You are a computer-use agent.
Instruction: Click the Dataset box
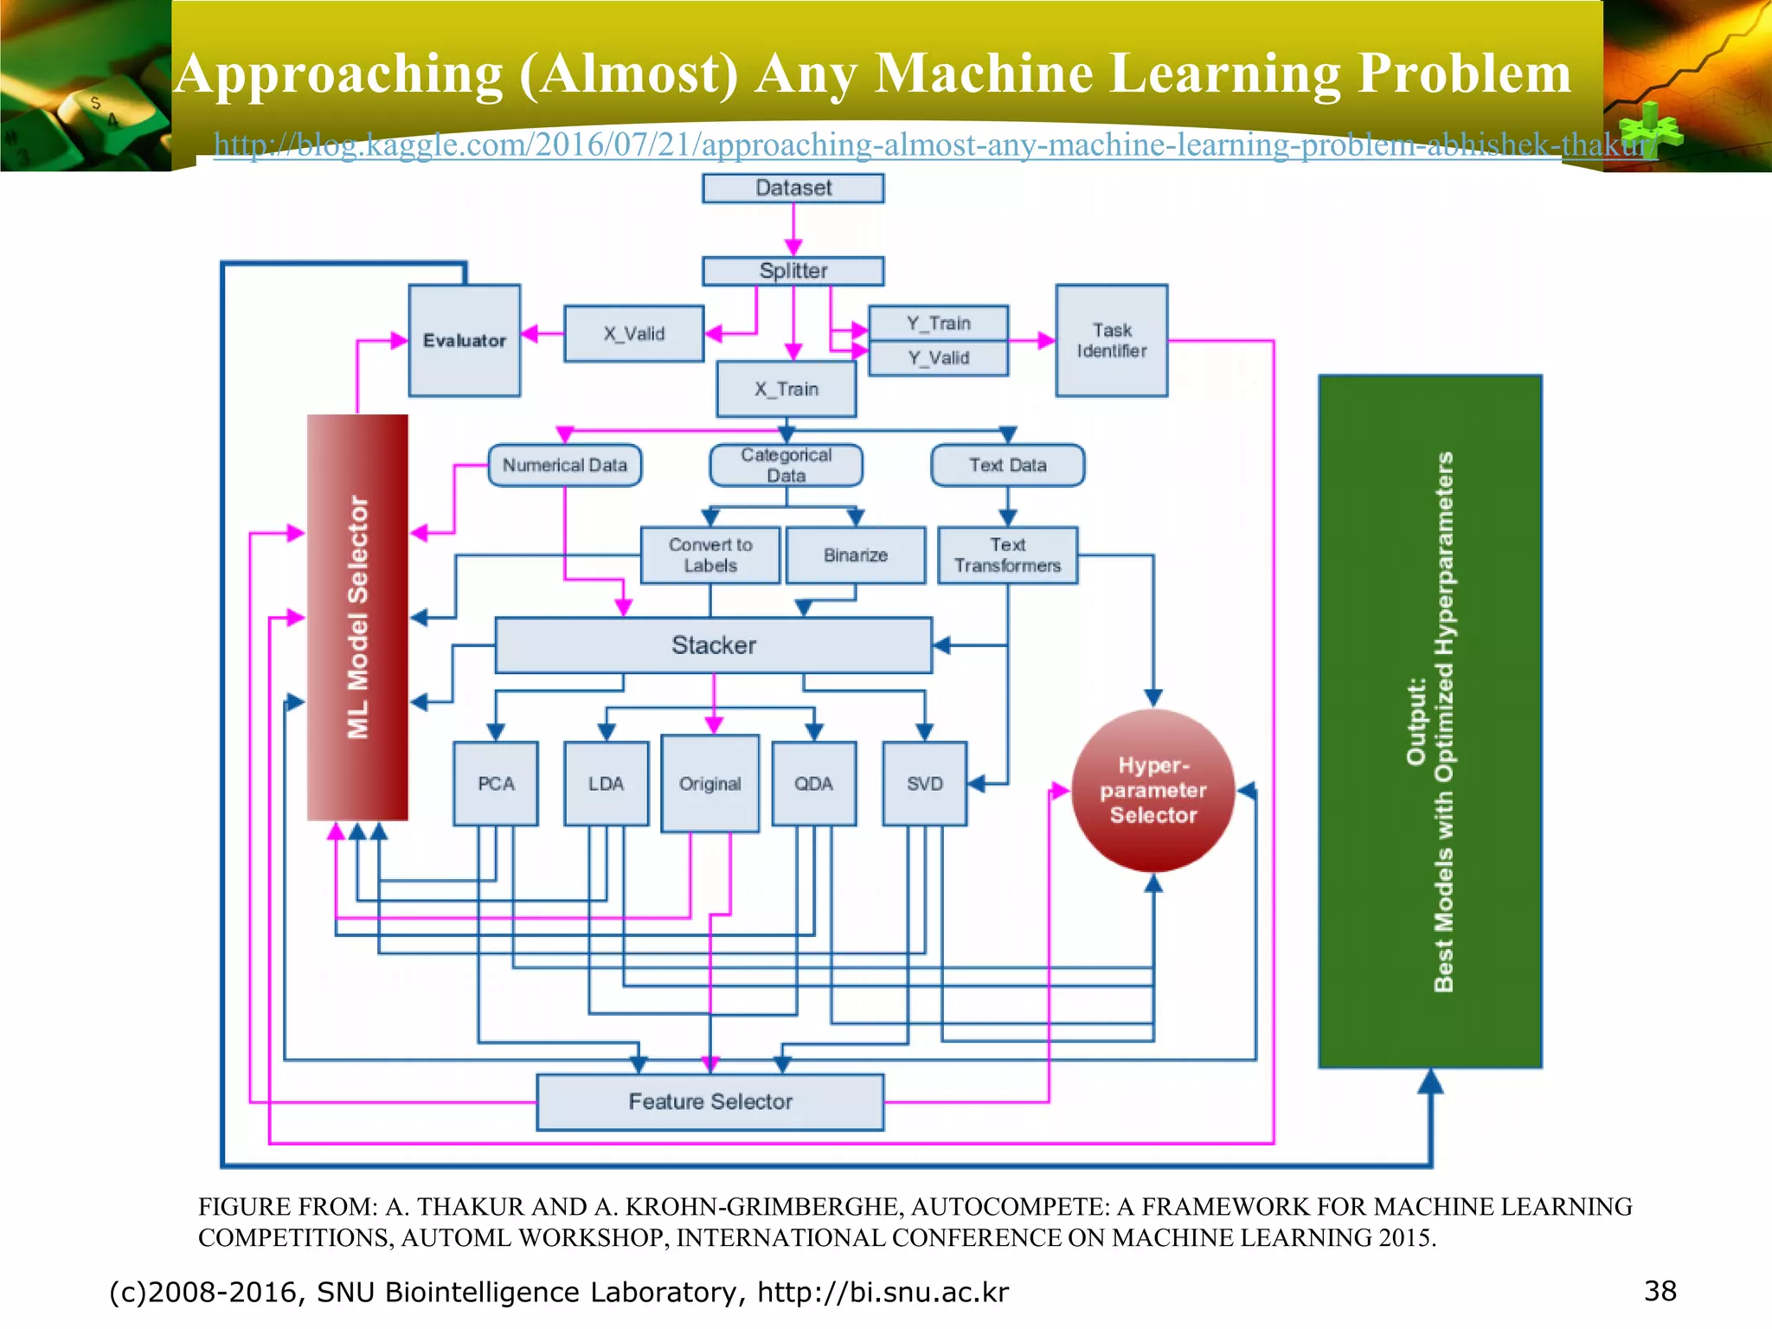point(793,189)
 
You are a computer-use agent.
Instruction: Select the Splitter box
point(793,271)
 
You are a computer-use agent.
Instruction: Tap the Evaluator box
point(465,341)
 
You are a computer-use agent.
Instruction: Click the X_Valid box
point(633,334)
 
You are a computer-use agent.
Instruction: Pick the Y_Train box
point(938,323)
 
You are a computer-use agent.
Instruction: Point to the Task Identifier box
point(1112,341)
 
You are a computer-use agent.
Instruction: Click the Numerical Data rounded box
point(565,465)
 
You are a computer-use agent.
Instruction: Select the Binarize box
point(855,555)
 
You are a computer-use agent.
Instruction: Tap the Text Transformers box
point(1007,555)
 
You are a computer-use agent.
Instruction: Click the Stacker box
point(713,645)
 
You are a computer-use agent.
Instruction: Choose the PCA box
point(496,784)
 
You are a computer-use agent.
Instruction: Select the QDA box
point(813,784)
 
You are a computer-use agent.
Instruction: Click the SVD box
point(924,784)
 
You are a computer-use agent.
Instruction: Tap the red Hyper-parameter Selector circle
point(1152,791)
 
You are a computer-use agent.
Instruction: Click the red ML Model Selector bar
point(357,618)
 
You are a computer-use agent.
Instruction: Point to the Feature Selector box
point(709,1102)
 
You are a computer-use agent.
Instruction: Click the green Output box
point(1429,722)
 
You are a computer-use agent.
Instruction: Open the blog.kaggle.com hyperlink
point(934,145)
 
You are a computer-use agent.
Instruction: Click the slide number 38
point(1660,1291)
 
